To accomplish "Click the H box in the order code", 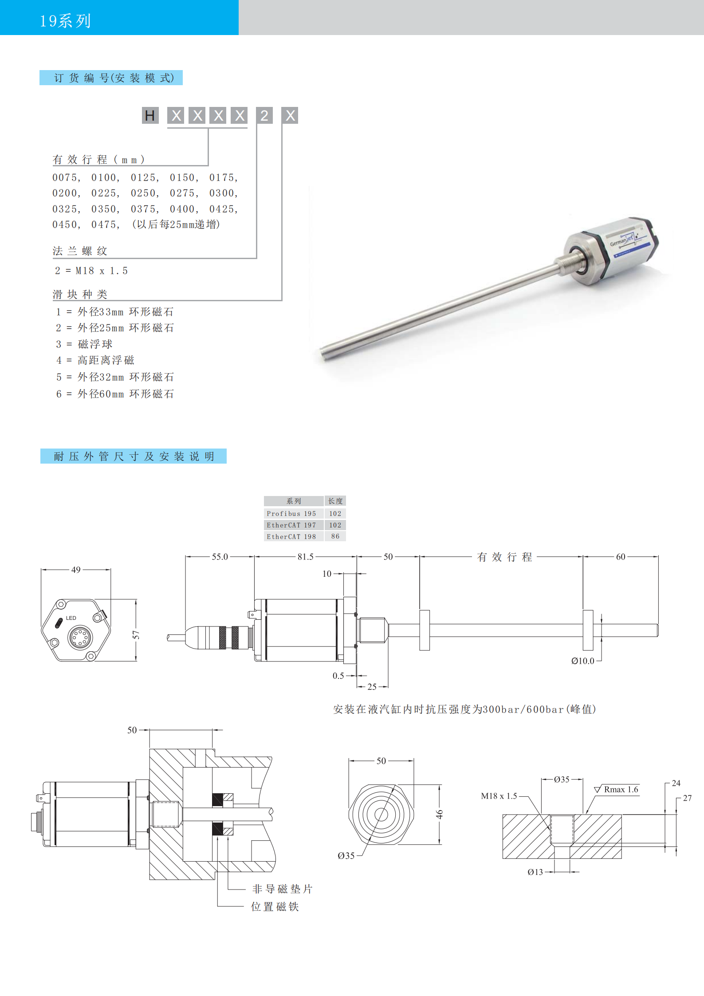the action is [150, 115].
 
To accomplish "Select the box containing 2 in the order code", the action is [264, 115].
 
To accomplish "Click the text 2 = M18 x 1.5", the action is [91, 271].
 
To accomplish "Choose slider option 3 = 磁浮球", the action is [84, 344].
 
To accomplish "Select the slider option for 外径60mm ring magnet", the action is [115, 394].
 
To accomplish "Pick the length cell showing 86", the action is [335, 536].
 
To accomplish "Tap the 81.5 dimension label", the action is [306, 556].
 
